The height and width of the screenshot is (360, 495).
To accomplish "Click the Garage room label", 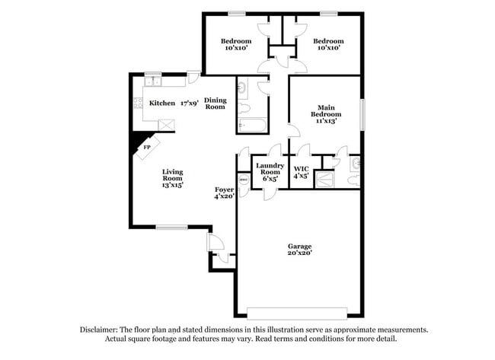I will tap(299, 246).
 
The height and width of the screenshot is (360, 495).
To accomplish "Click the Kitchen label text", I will tap(161, 103).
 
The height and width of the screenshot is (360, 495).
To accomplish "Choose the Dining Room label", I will tap(215, 104).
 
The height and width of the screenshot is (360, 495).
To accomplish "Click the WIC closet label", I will tap(301, 167).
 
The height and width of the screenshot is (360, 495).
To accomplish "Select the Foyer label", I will tap(223, 189).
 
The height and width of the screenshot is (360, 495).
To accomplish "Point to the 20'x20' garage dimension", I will tap(299, 253).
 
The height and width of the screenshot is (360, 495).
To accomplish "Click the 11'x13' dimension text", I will tap(324, 120).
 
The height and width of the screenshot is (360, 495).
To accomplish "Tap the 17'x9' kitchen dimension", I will tap(189, 103).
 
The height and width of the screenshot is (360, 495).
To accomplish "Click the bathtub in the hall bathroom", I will tap(251, 124).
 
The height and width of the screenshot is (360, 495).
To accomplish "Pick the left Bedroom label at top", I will tap(236, 41).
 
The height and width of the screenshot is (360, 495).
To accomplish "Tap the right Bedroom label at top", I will tap(328, 41).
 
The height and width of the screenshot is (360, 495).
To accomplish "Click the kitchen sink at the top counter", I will tap(152, 78).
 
